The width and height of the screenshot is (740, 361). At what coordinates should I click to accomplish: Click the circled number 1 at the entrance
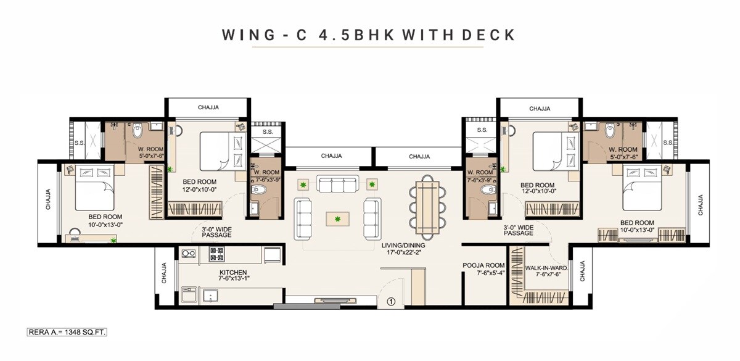[x=390, y=302]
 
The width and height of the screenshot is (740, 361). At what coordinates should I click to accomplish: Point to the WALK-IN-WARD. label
[x=546, y=268]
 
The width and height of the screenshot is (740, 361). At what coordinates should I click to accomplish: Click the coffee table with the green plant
[x=337, y=218]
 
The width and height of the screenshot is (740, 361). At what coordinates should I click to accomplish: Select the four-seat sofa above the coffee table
[x=337, y=185]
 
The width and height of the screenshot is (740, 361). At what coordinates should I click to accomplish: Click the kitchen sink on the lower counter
[x=210, y=296]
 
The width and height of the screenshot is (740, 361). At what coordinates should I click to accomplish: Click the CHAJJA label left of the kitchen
[x=164, y=273]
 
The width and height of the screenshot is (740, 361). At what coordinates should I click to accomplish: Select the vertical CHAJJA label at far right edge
[x=699, y=205]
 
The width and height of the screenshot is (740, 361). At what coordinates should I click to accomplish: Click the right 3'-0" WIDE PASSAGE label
[x=519, y=230]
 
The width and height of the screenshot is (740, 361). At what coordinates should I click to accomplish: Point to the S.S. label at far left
[x=79, y=143]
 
